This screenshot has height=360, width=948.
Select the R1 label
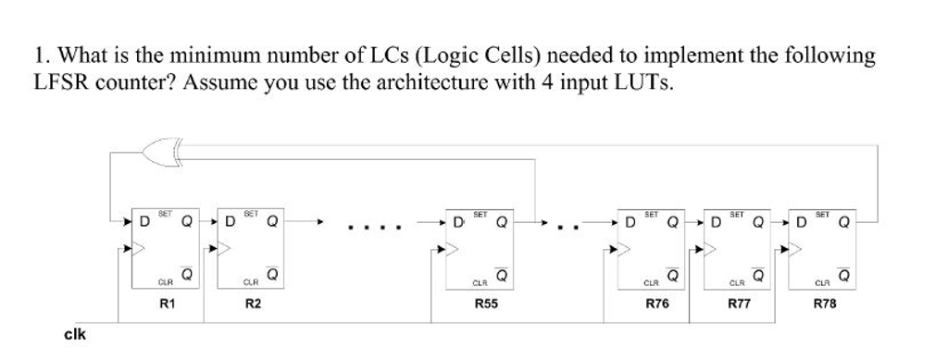click(x=168, y=304)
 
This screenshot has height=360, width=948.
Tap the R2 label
click(x=251, y=304)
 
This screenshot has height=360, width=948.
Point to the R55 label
click(x=485, y=304)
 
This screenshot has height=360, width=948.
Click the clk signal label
click(x=74, y=334)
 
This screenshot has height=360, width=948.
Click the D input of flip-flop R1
click(x=144, y=222)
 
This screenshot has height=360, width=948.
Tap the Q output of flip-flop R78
click(x=843, y=222)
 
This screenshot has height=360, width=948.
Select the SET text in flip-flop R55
click(x=480, y=214)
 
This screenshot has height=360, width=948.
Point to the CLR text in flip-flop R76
click(x=650, y=282)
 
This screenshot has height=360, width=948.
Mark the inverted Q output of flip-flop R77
click(x=758, y=276)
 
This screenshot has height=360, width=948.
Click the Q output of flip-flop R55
click(x=502, y=222)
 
